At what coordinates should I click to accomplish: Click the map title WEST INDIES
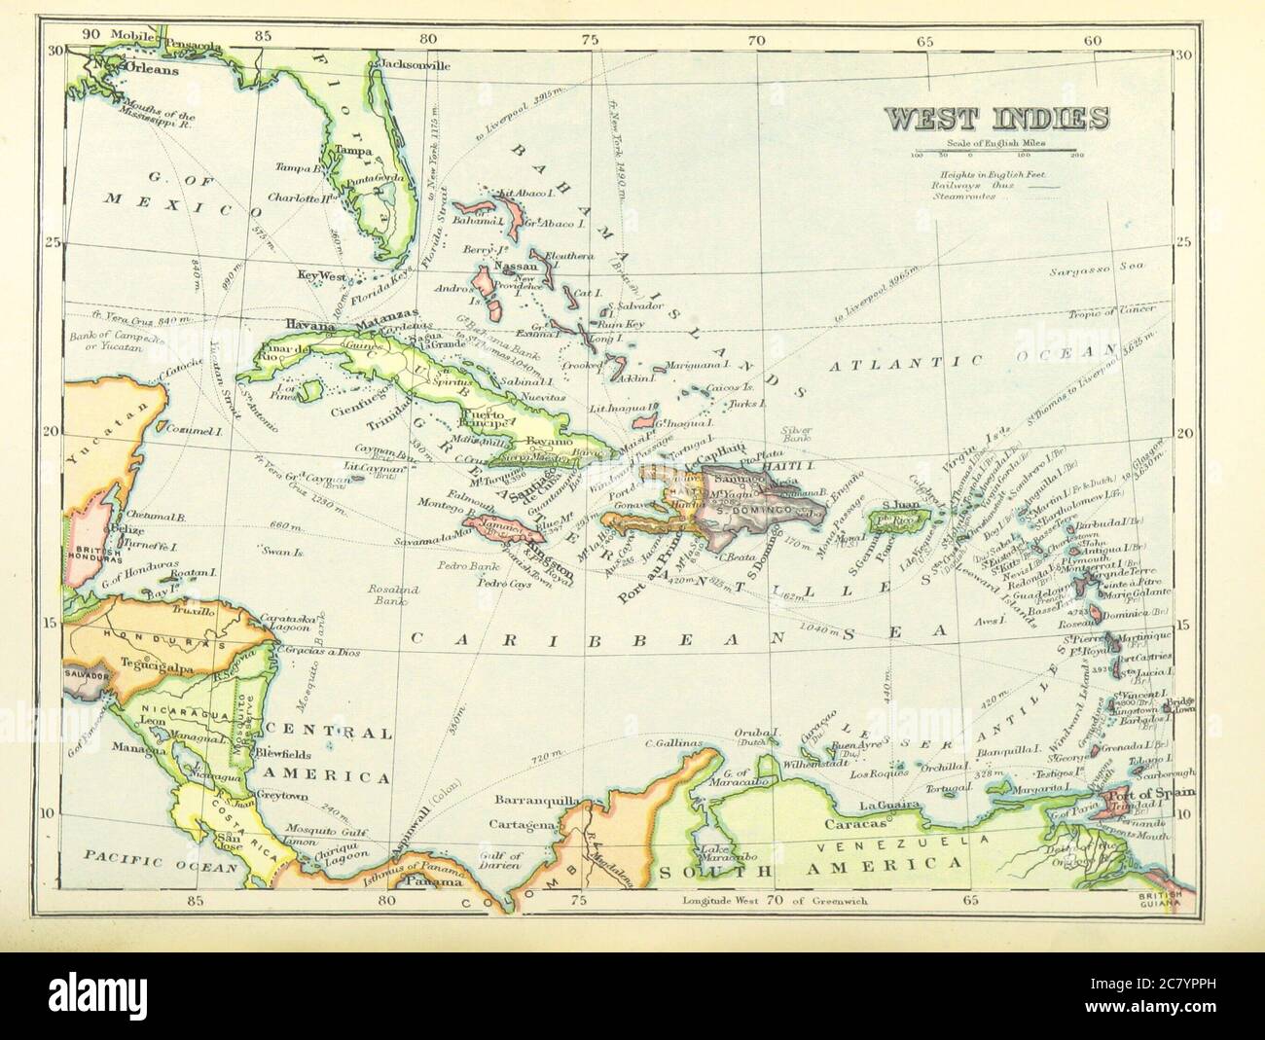tap(996, 118)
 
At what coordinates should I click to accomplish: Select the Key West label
tap(321, 277)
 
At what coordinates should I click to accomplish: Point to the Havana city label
tap(309, 326)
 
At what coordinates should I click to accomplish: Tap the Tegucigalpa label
tap(144, 665)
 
